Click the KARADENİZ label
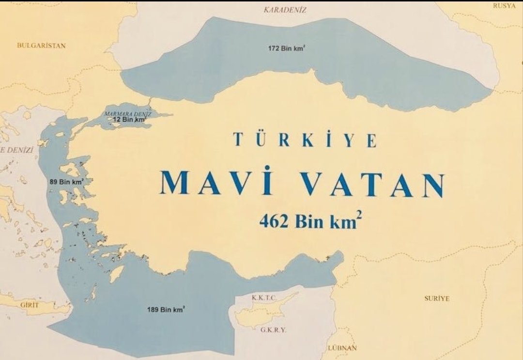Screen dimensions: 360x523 point(285,10)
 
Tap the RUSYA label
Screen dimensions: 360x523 point(504,6)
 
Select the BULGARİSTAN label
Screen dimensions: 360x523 point(41,45)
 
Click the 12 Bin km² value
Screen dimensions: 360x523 point(129,119)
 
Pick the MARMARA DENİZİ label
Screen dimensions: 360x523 point(128,114)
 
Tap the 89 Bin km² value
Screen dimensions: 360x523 point(66,182)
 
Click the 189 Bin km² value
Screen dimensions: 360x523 point(166,309)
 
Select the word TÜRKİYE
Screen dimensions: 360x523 point(305,140)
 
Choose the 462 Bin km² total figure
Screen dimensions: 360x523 point(310,221)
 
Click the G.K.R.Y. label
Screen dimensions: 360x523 point(273,330)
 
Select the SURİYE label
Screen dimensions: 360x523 point(437,298)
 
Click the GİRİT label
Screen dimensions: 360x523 point(30,305)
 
